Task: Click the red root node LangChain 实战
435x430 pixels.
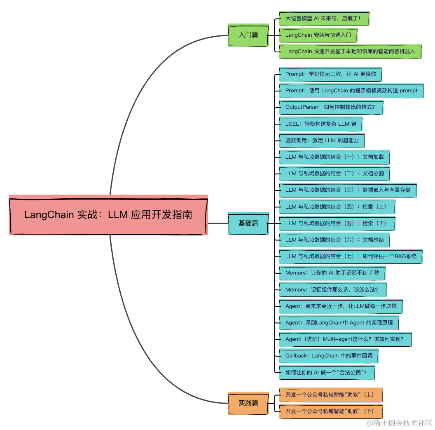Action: pyautogui.click(x=108, y=215)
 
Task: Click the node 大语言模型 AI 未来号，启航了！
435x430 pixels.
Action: pyautogui.click(x=324, y=19)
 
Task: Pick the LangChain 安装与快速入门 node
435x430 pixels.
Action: pyautogui.click(x=318, y=35)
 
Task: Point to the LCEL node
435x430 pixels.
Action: pyautogui.click(x=320, y=124)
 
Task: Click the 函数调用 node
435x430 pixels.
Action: pyautogui.click(x=322, y=140)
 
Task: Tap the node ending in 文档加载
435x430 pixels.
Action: pyautogui.click(x=334, y=157)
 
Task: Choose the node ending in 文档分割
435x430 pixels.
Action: pyautogui.click(x=334, y=174)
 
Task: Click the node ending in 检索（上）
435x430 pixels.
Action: pyautogui.click(x=337, y=207)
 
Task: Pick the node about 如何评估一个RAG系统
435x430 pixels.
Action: pyautogui.click(x=351, y=256)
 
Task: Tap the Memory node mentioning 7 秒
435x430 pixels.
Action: pyautogui.click(x=332, y=273)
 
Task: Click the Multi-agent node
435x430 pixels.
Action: pyautogui.click(x=345, y=339)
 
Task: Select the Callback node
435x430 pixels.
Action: pyautogui.click(x=328, y=355)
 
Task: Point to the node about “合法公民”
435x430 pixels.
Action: pyautogui.click(x=327, y=372)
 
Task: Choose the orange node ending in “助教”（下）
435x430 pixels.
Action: pyautogui.click(x=331, y=411)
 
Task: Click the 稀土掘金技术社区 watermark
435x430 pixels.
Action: pyautogui.click(x=399, y=423)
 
